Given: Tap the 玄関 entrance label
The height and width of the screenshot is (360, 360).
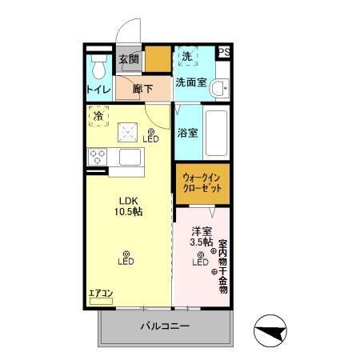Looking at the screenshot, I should tap(129, 58).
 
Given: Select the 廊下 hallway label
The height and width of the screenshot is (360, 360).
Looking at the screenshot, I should tap(143, 90).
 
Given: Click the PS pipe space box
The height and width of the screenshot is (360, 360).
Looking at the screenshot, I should tap(224, 53).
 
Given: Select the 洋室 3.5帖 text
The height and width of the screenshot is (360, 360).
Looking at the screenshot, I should tap(201, 236).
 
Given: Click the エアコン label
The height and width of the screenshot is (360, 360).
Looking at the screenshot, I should tap(102, 294).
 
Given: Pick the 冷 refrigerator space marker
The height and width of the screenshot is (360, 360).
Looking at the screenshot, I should tap(98, 116).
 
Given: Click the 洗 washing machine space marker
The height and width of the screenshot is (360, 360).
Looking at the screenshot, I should tap(186, 56).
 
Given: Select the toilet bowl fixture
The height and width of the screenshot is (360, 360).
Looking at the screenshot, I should tap(98, 64).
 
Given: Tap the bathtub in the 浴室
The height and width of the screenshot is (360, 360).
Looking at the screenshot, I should tap(218, 132).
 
